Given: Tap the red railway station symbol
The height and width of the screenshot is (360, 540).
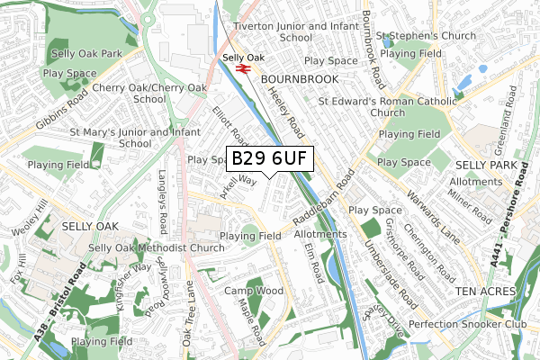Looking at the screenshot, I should [241, 67].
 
